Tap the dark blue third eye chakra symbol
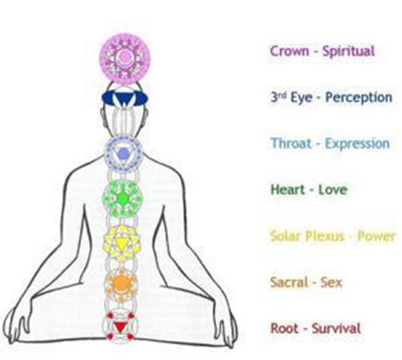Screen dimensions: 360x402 124,96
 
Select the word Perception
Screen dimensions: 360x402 358,97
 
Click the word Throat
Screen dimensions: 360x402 290,144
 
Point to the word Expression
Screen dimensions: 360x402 357,144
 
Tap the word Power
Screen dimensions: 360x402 376,236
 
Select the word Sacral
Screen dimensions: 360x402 288,282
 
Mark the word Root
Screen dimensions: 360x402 284,328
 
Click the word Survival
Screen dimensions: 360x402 336,328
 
